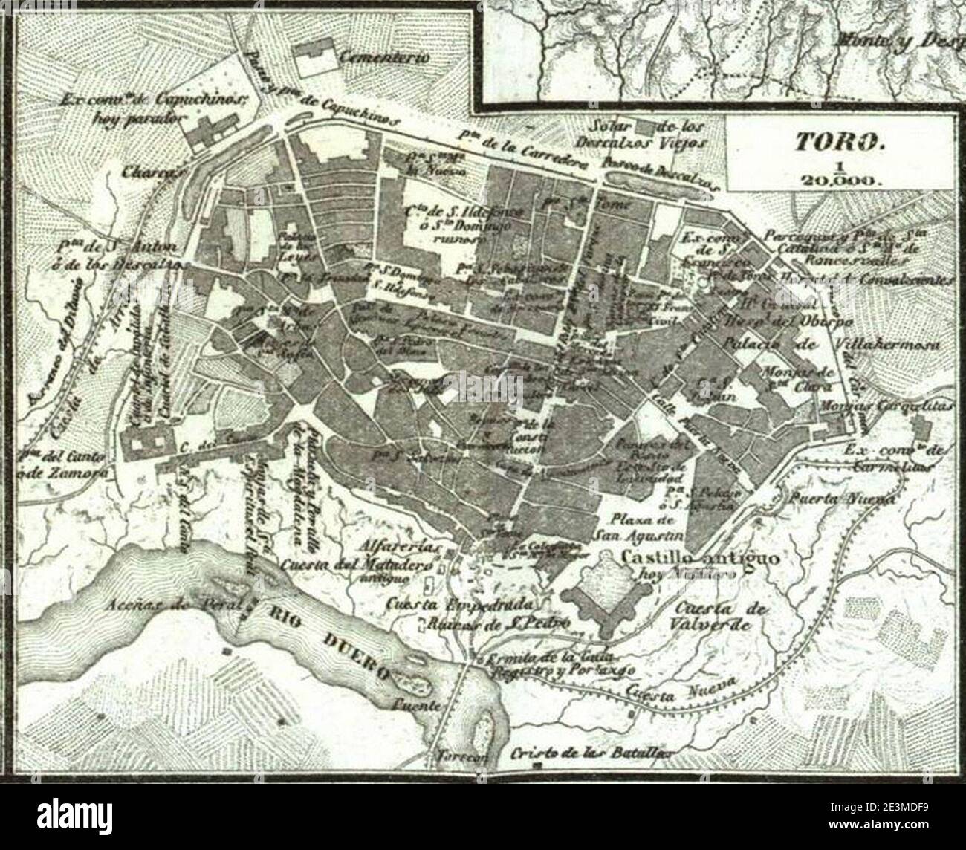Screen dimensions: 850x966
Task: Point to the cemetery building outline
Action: tap(315, 60)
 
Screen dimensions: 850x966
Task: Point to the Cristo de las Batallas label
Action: tap(592, 753)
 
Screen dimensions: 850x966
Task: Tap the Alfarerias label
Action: tap(400, 548)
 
